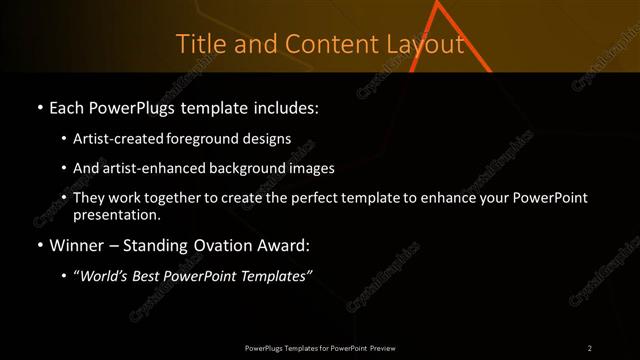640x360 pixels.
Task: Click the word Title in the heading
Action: pos(199,45)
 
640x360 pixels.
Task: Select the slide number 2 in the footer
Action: pos(589,348)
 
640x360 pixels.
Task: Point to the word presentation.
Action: pos(115,214)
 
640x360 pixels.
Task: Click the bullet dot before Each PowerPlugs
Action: pos(39,107)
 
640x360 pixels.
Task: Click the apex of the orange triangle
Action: pos(437,4)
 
